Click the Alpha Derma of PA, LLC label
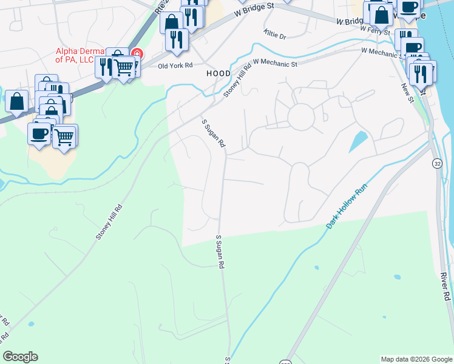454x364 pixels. pyautogui.click(x=75, y=55)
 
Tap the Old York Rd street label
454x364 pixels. pyautogui.click(x=175, y=66)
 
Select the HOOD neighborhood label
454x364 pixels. pyautogui.click(x=219, y=73)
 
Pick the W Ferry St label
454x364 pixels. pyautogui.click(x=374, y=29)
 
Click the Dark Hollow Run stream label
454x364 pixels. pyautogui.click(x=347, y=206)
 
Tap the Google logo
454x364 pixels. pyautogui.click(x=20, y=357)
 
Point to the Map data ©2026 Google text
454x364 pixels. pyautogui.click(x=416, y=359)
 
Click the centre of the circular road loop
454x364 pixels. pyautogui.click(x=300, y=116)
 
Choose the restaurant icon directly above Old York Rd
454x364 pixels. pyautogui.click(x=177, y=40)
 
